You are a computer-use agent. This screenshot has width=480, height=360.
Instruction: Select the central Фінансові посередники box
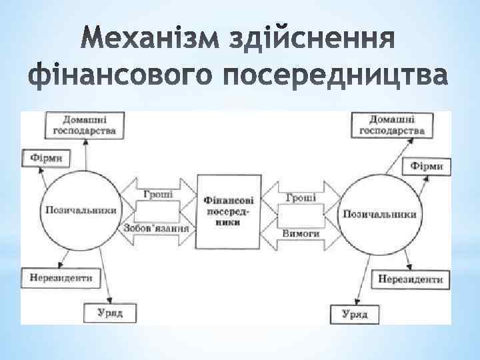click(x=228, y=211)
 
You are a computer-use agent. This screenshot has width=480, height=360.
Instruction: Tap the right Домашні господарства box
click(x=392, y=125)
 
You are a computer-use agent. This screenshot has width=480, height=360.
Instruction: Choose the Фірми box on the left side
click(x=45, y=158)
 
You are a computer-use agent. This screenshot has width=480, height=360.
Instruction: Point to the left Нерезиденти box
click(x=57, y=275)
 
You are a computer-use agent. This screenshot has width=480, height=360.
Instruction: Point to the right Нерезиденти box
click(x=411, y=279)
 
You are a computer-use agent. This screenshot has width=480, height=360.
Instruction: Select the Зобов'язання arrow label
click(x=157, y=228)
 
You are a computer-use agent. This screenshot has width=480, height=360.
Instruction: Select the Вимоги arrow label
click(x=301, y=233)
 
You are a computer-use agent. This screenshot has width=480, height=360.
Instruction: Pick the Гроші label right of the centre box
click(x=301, y=198)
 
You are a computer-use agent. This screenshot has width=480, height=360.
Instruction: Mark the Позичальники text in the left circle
click(x=81, y=210)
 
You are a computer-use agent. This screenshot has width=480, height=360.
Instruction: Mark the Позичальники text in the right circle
click(x=380, y=214)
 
